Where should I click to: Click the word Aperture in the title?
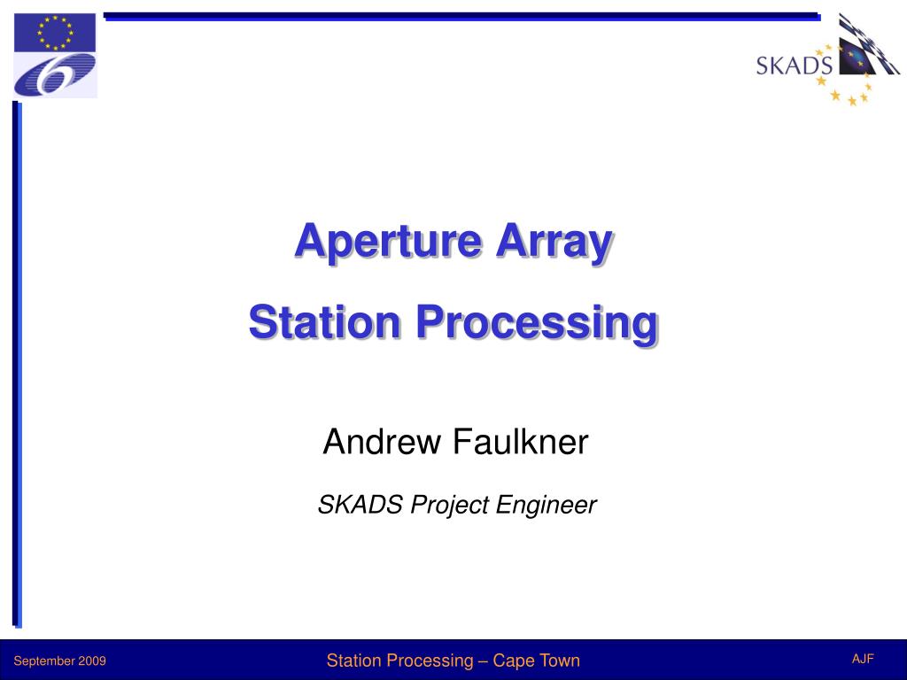[x=389, y=241]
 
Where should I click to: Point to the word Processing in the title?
[x=538, y=324]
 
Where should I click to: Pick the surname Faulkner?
[x=520, y=441]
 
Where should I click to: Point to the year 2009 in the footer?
[x=93, y=661]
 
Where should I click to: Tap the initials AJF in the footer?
[x=863, y=659]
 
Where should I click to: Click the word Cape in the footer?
[x=512, y=661]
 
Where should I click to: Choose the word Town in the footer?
[x=558, y=661]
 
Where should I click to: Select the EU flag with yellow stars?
[x=55, y=33]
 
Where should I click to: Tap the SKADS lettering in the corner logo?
[x=794, y=66]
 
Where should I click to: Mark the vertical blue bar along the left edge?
[x=17, y=363]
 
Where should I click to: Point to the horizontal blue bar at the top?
[x=461, y=16]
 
